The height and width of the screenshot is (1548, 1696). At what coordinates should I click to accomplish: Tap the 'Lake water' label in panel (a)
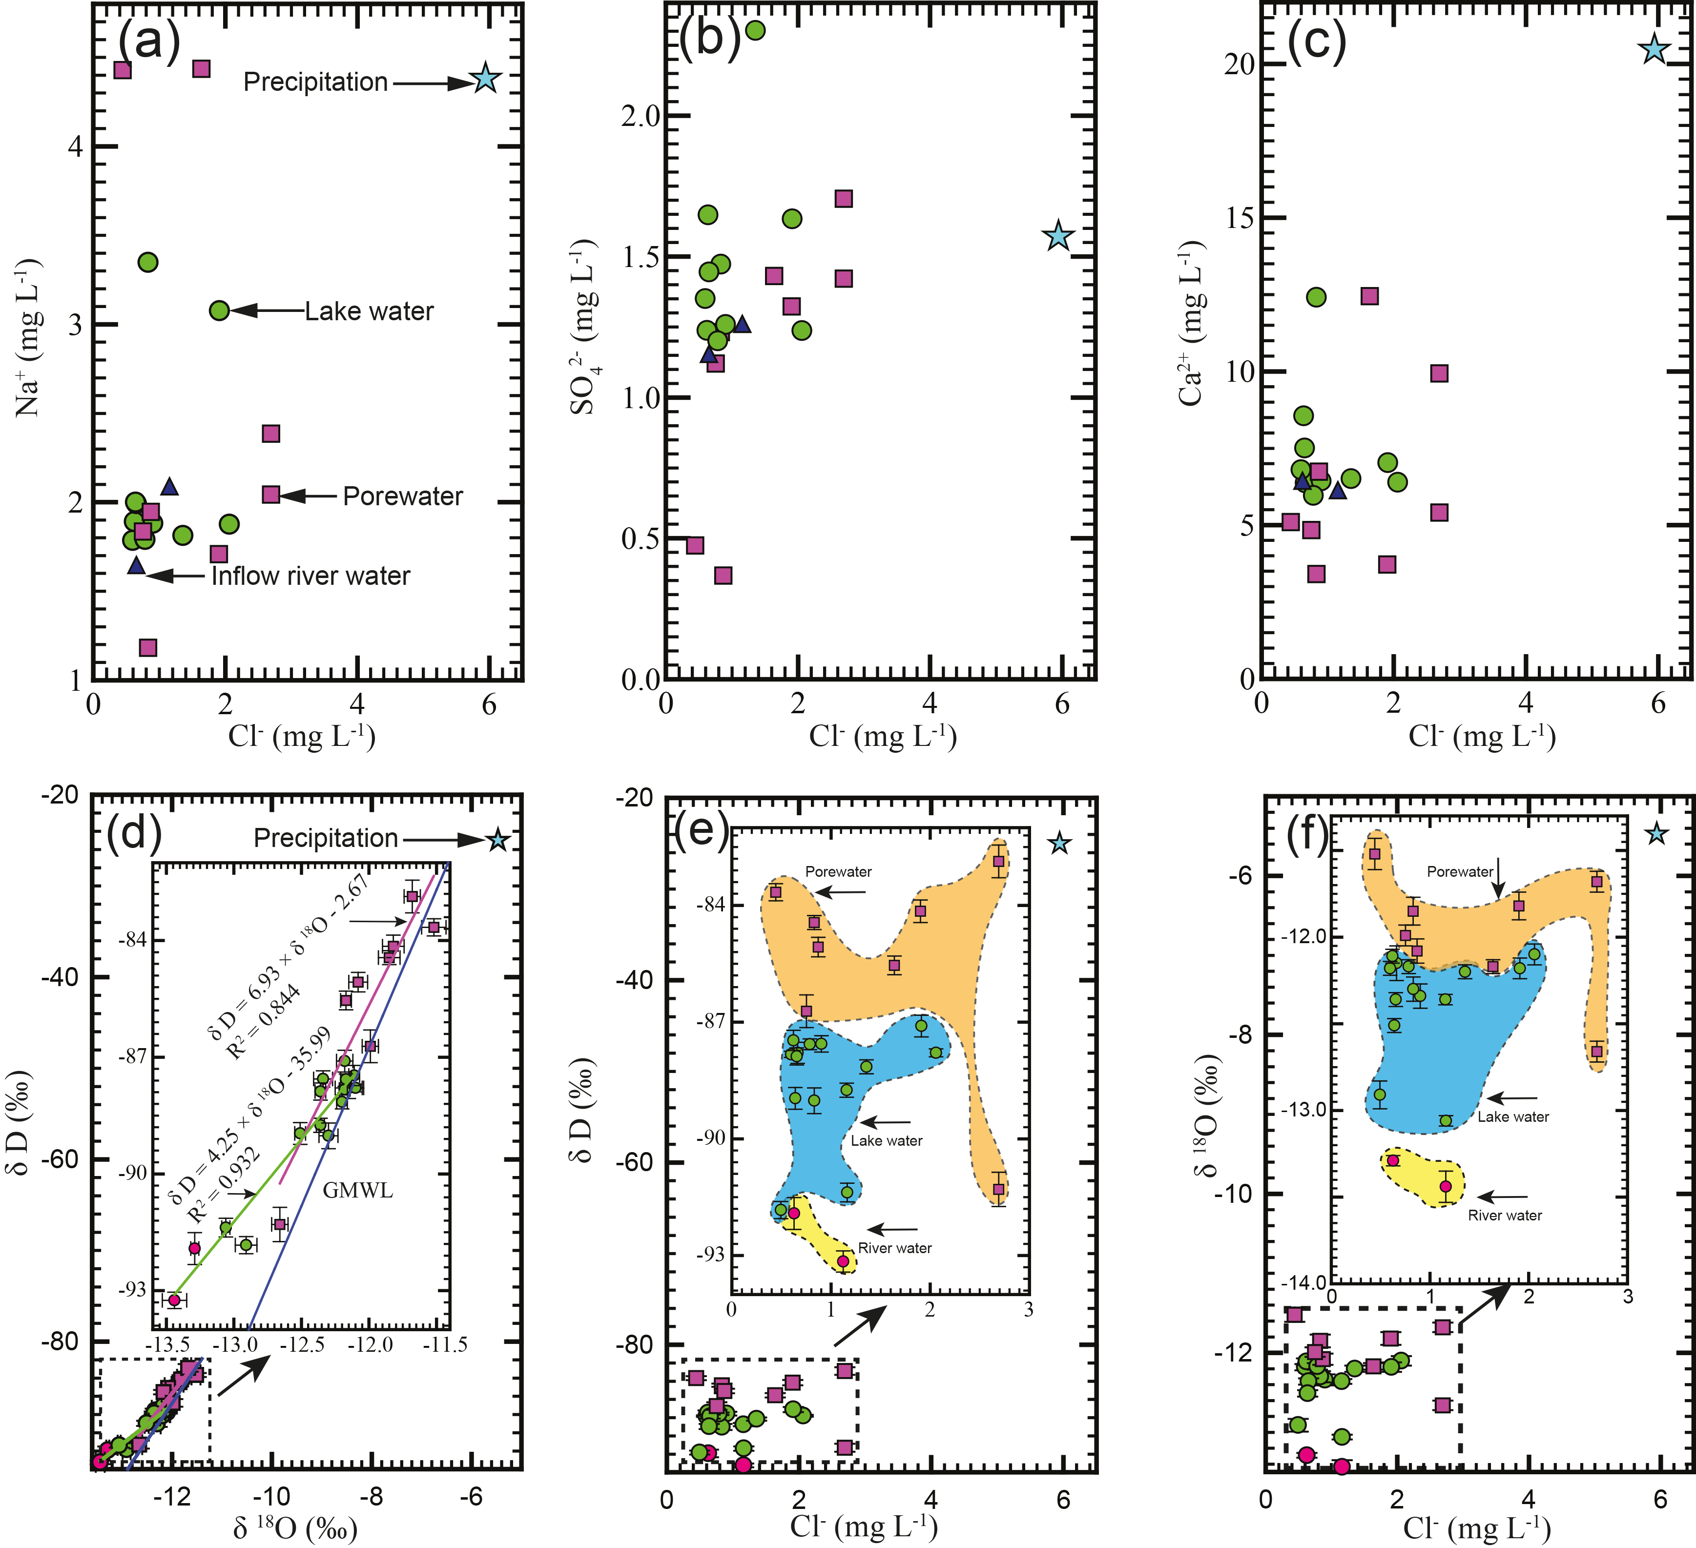tap(369, 311)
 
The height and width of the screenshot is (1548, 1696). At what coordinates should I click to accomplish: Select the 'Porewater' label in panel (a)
tap(402, 496)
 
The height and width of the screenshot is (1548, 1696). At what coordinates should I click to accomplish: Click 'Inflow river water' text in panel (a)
tap(310, 577)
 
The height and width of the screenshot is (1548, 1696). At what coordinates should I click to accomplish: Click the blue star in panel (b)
tap(1058, 236)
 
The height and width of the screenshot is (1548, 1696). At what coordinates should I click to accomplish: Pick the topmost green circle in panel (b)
tap(755, 30)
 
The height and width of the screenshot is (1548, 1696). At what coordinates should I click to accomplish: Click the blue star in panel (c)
tap(1654, 49)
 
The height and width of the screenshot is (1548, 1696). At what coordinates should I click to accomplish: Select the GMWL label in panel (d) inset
tap(357, 1191)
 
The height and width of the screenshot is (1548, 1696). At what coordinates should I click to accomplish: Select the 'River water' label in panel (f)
tap(1505, 1216)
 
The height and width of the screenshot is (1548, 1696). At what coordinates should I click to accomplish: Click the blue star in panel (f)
tap(1656, 834)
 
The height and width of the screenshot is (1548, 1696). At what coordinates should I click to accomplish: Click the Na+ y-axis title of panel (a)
tap(28, 336)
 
